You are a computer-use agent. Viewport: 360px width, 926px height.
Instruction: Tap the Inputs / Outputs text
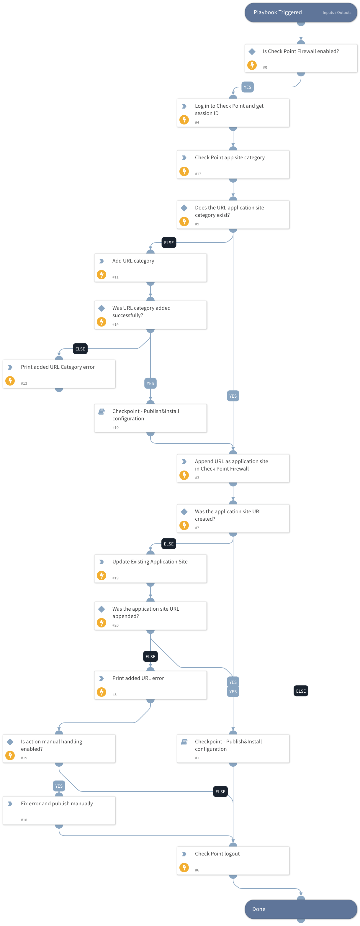(x=337, y=13)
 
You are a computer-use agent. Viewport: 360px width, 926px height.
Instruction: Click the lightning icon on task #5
(x=252, y=65)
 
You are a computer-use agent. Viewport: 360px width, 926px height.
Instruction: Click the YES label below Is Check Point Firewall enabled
(x=248, y=87)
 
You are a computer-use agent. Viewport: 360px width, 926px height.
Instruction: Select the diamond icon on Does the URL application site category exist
(x=184, y=208)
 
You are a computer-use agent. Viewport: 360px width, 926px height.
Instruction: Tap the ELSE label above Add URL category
(x=169, y=243)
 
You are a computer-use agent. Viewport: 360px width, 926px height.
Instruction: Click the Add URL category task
(x=150, y=268)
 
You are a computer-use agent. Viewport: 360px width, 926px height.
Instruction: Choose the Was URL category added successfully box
(x=150, y=315)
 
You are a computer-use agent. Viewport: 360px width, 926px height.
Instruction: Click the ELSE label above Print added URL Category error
(x=80, y=349)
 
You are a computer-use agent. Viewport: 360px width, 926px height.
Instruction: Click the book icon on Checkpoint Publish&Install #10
(x=102, y=411)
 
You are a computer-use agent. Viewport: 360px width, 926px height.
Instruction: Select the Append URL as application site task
(x=233, y=468)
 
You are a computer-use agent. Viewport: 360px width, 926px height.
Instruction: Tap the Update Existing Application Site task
(x=150, y=568)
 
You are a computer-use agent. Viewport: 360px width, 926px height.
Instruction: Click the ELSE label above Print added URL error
(x=150, y=656)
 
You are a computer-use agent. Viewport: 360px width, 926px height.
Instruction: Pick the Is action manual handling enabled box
(x=59, y=748)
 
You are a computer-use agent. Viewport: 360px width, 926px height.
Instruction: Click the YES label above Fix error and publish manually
(x=59, y=786)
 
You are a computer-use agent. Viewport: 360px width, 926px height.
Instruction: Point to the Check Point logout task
(x=233, y=860)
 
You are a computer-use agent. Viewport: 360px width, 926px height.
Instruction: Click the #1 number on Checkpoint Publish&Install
(x=197, y=758)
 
